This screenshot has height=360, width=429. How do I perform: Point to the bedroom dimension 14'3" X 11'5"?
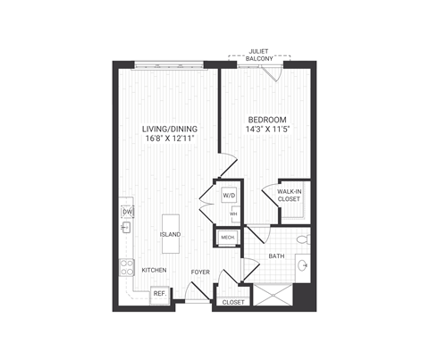266,129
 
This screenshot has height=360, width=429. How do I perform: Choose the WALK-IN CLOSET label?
289,196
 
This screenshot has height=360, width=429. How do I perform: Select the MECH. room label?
228,238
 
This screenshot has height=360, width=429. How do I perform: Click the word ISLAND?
171,234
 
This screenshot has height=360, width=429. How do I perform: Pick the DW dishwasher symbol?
126,212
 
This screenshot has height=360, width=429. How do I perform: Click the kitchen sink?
126,229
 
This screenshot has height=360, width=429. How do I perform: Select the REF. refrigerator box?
160,292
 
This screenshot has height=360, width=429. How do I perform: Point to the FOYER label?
199,270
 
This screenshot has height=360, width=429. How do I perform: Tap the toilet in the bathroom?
301,239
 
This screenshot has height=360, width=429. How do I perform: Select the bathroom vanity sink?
302,265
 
